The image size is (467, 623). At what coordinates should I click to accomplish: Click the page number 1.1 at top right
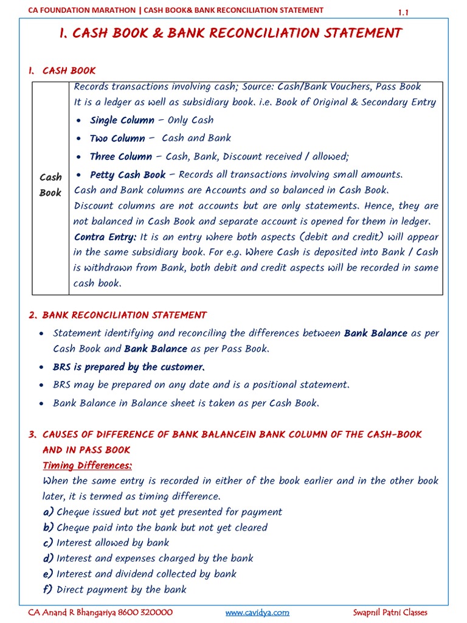click(404, 12)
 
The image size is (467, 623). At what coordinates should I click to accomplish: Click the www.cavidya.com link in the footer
click(257, 613)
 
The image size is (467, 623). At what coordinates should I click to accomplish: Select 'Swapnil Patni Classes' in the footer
click(390, 613)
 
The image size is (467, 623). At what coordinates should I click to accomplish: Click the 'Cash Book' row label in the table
click(50, 185)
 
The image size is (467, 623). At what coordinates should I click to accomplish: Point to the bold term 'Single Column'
click(122, 120)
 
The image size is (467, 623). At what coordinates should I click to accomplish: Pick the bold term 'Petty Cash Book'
click(128, 175)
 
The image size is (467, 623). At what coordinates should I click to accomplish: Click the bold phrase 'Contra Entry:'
click(105, 237)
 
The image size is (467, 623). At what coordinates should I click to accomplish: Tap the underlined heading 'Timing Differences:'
click(88, 465)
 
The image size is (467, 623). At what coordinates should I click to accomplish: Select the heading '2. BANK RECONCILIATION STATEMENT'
click(117, 315)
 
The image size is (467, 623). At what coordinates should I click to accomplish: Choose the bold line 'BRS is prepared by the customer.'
click(129, 367)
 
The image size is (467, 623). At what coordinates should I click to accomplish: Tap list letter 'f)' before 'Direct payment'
click(48, 590)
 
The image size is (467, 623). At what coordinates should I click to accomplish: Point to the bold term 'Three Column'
click(121, 157)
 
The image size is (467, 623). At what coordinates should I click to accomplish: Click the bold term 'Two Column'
click(117, 139)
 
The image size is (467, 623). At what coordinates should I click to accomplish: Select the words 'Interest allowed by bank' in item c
click(112, 543)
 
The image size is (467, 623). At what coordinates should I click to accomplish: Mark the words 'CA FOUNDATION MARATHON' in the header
click(81, 10)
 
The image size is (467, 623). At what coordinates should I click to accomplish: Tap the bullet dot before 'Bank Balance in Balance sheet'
click(41, 403)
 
